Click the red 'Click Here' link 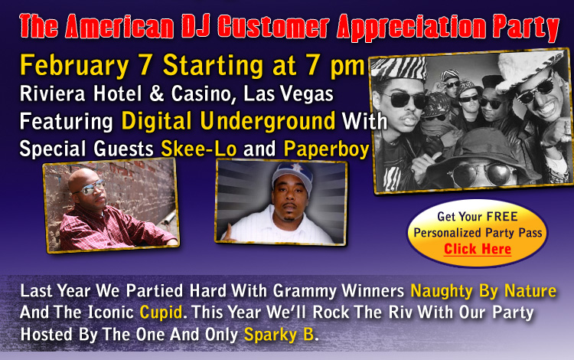478,249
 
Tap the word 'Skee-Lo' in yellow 199,149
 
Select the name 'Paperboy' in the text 326,150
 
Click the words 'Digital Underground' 228,121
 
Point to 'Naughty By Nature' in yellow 483,292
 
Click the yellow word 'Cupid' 161,313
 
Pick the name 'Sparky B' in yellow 279,335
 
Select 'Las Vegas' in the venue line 289,93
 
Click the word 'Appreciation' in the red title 412,27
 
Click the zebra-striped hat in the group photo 399,67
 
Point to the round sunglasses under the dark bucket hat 480,173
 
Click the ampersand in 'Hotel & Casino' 156,93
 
